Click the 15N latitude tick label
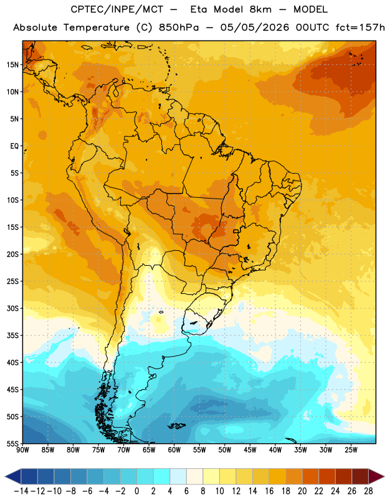pyautogui.click(x=12, y=65)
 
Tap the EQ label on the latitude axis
pyautogui.click(x=14, y=146)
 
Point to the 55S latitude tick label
pyautogui.click(x=12, y=443)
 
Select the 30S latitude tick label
pyautogui.click(x=12, y=308)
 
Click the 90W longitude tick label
pyautogui.click(x=23, y=450)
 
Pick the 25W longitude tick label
pyautogui.click(x=351, y=450)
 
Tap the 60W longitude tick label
pyautogui.click(x=174, y=450)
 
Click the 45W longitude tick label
pyautogui.click(x=250, y=450)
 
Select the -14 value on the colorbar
pyautogui.click(x=21, y=491)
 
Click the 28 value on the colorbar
pyautogui.click(x=368, y=491)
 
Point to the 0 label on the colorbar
pyautogui.click(x=136, y=491)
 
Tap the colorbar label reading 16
pyautogui.click(x=269, y=491)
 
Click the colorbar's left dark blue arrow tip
pyautogui.click(x=5, y=476)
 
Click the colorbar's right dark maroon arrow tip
pyautogui.click(x=384, y=476)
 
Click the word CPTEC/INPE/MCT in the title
pyautogui.click(x=116, y=9)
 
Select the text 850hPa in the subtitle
pyautogui.click(x=179, y=27)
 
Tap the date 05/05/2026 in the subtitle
pyautogui.click(x=255, y=27)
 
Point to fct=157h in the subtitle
pyautogui.click(x=360, y=27)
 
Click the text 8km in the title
pyautogui.click(x=260, y=9)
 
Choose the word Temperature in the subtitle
pyautogui.click(x=97, y=28)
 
